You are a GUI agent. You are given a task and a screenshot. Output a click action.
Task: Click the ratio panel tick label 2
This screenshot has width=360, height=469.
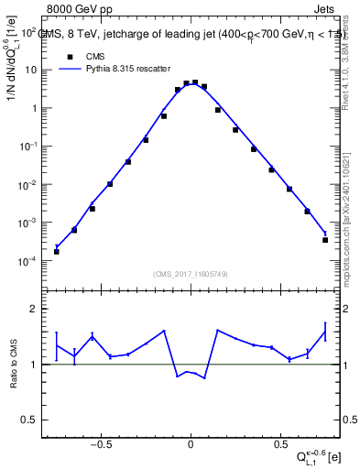point(34,310)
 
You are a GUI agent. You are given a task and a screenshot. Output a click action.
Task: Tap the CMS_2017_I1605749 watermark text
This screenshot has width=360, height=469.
point(191,274)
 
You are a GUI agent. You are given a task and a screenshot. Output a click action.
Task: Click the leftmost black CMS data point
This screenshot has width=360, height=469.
point(57,251)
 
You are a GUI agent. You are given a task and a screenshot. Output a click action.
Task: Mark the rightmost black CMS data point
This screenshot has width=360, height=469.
point(325,240)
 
